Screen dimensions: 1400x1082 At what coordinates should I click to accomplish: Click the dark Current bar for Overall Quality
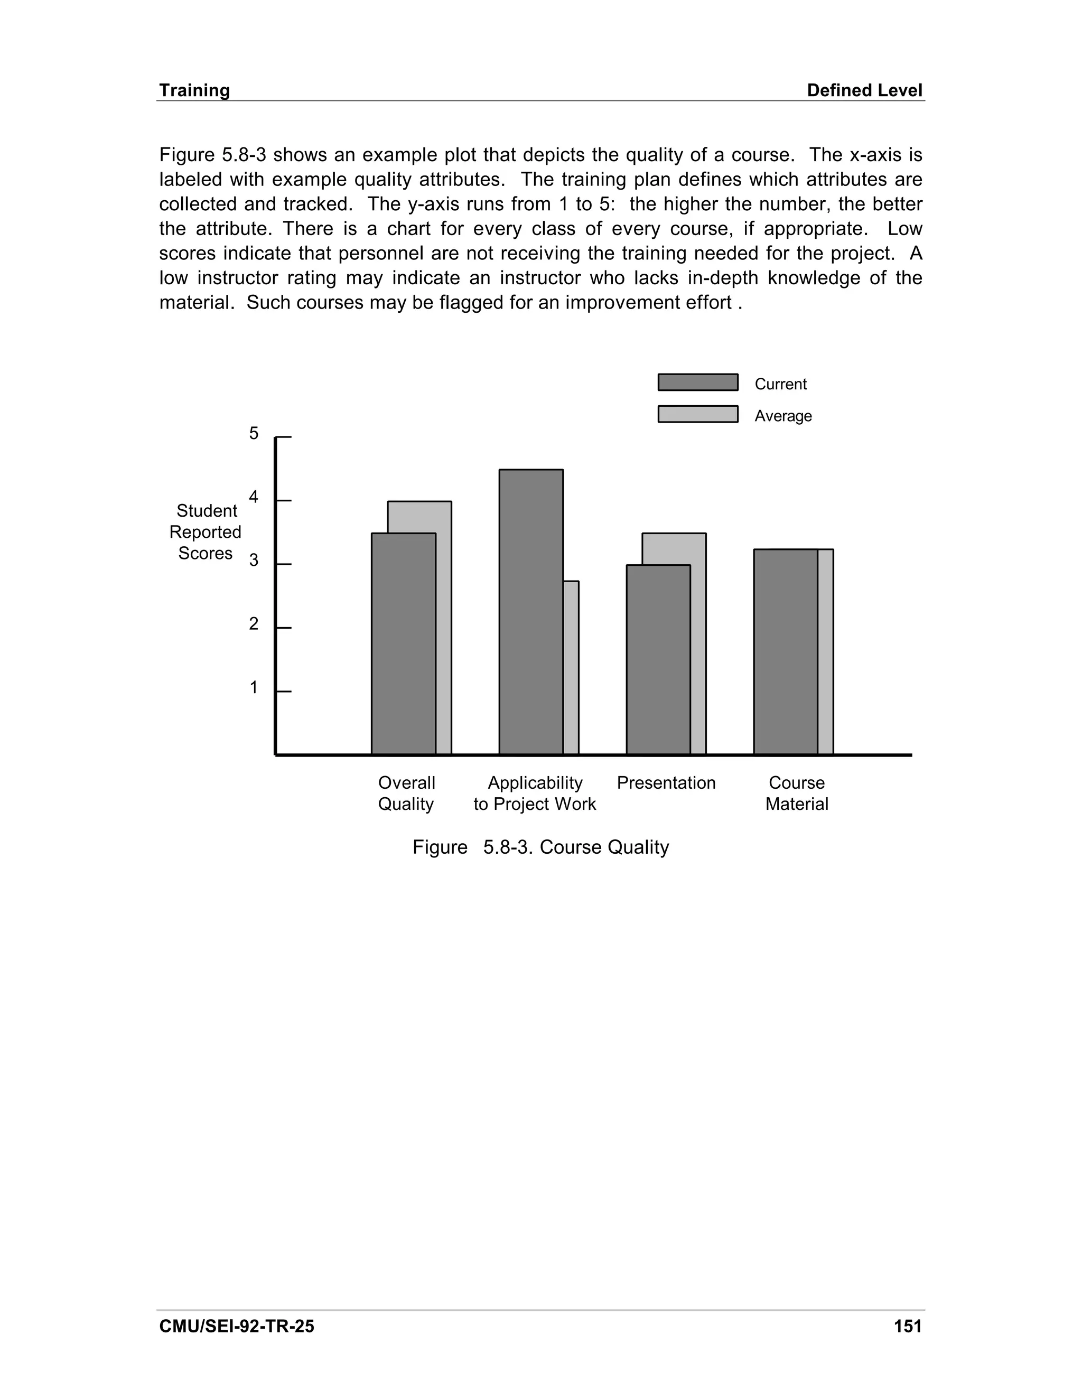[x=404, y=643]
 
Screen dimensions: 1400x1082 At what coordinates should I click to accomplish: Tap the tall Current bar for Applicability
[x=531, y=612]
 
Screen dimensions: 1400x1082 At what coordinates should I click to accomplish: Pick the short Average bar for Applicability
[x=571, y=667]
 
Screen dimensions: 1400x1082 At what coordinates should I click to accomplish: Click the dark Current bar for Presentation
[x=658, y=660]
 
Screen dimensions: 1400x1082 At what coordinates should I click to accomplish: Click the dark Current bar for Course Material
[x=785, y=651]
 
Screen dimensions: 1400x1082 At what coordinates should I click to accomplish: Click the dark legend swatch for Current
[x=697, y=382]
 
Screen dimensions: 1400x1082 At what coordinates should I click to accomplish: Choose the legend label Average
[x=782, y=416]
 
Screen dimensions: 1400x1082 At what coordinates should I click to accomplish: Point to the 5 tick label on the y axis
[x=254, y=433]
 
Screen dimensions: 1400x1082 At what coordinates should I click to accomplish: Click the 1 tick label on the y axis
[x=254, y=688]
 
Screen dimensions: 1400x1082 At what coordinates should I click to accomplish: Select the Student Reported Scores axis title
[x=206, y=532]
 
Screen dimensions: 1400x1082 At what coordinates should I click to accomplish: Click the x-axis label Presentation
[x=666, y=783]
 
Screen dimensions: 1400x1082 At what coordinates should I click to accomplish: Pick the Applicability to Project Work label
[x=535, y=793]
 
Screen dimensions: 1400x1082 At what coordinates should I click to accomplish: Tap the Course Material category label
[x=797, y=793]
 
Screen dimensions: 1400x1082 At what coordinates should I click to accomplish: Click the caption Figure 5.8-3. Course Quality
[x=540, y=847]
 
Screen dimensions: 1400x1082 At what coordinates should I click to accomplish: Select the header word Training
[x=194, y=90]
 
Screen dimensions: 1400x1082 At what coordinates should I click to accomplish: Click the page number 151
[x=908, y=1326]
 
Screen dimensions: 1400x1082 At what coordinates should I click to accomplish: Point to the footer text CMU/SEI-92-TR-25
[x=237, y=1326]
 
